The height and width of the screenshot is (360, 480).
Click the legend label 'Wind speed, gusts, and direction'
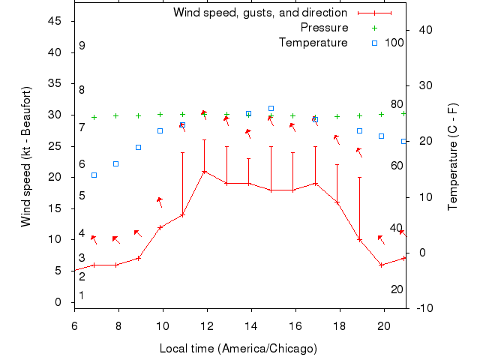[x=260, y=13]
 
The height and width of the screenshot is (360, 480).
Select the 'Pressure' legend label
[x=324, y=28]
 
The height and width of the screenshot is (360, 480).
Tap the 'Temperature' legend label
[x=313, y=43]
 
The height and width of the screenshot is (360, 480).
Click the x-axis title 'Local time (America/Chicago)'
[x=238, y=349]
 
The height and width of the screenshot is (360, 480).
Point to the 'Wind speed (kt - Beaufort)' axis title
[x=25, y=157]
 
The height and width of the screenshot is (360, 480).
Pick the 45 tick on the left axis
[x=55, y=21]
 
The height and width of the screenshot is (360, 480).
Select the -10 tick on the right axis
[x=421, y=308]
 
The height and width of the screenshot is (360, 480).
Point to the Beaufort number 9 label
[x=82, y=46]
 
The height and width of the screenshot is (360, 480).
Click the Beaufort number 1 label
[x=82, y=295]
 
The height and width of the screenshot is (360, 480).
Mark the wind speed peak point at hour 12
[x=204, y=171]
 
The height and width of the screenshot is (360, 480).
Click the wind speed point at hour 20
[x=382, y=265]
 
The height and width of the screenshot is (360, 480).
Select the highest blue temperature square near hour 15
[x=271, y=109]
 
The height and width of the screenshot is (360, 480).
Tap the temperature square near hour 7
[x=94, y=175]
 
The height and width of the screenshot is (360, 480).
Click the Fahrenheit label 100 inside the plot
[x=394, y=43]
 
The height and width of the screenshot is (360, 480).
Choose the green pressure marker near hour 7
[x=94, y=117]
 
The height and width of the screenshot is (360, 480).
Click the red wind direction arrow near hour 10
[x=160, y=201]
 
